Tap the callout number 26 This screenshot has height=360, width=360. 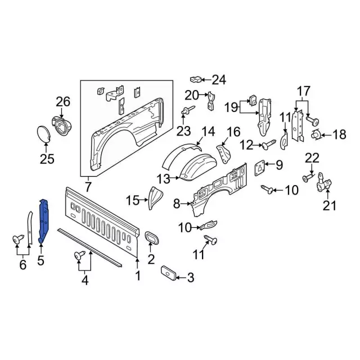point(63,102)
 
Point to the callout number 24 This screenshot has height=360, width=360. point(218,80)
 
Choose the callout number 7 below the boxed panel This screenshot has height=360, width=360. point(88,186)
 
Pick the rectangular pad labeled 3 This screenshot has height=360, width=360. point(169,273)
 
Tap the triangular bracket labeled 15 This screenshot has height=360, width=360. point(153,197)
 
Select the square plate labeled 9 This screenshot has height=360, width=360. point(261,167)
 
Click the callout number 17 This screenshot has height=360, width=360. point(304,91)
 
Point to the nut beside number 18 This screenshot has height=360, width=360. point(316,134)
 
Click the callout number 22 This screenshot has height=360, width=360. point(312,158)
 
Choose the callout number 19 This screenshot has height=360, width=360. point(232,107)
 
